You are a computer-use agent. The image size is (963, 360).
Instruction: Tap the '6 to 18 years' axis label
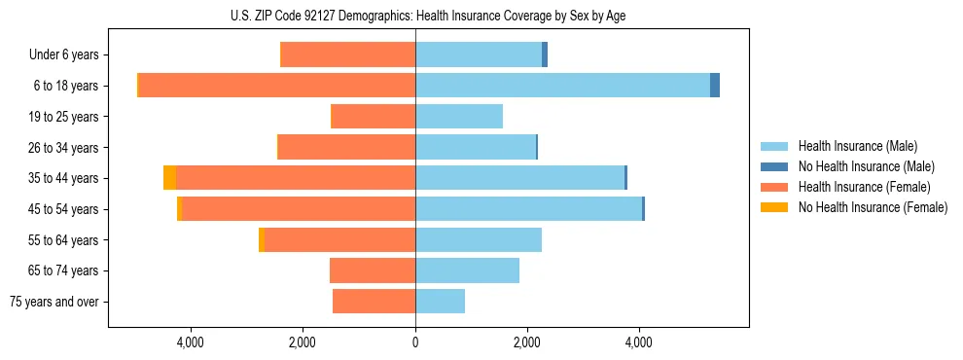66,86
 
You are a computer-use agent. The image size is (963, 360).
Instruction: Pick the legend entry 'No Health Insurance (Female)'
873,207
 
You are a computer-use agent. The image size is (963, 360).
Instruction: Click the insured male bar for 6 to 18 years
562,86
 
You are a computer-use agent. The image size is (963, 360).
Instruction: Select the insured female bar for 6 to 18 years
277,86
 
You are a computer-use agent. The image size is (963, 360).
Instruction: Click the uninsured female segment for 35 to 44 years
169,178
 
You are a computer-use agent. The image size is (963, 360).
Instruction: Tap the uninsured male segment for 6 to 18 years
715,86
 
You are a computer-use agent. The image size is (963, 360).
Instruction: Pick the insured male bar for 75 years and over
440,302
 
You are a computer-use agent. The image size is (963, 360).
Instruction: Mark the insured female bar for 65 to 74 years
373,270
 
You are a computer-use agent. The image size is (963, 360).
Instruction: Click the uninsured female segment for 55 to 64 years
262,239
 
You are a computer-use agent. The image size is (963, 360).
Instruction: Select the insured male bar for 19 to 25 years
459,117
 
